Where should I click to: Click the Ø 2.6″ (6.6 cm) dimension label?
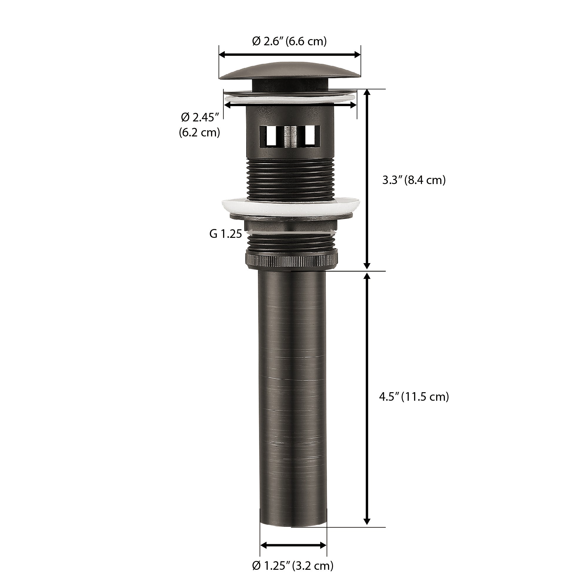pos(289,41)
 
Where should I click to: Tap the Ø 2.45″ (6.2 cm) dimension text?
pos(200,125)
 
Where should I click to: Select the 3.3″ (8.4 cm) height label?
pos(414,180)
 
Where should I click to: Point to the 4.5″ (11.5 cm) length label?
pos(414,397)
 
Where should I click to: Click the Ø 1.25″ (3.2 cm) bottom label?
pos(293,565)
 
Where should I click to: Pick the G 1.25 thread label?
pos(225,234)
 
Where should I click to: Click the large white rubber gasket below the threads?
pos(291,207)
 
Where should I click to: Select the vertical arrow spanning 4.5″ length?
pos(367,399)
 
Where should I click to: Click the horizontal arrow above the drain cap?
pos(290,55)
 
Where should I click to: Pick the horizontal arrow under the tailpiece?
pos(293,545)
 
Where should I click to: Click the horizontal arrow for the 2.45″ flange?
pos(290,105)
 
